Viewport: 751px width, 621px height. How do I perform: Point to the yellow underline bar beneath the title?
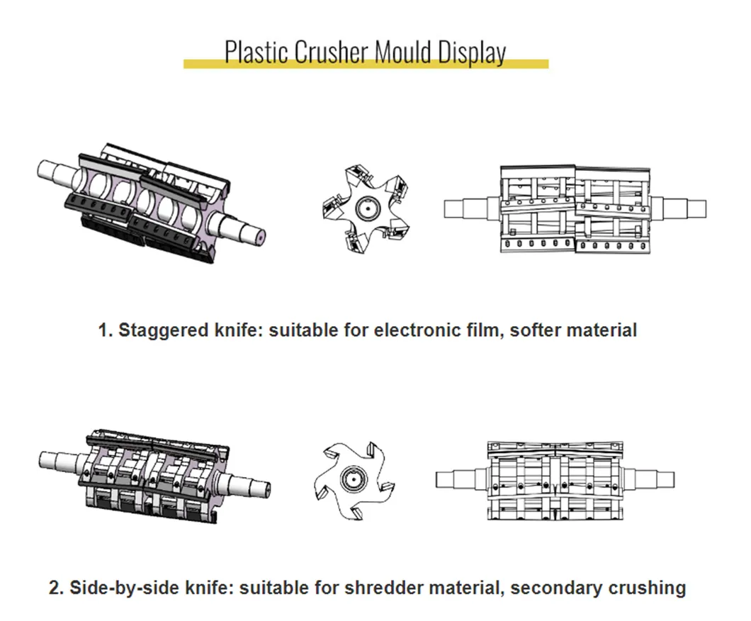pos(366,65)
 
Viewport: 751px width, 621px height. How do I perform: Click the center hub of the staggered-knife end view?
pos(367,208)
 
